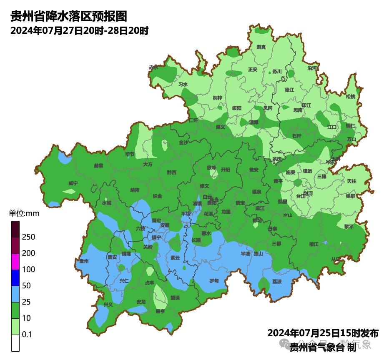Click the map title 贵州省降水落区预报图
[x=68, y=16]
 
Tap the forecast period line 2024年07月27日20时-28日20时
[x=80, y=31]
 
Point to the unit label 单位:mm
[x=24, y=214]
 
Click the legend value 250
[x=28, y=237]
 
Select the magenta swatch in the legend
[x=15, y=262]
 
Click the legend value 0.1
[x=27, y=334]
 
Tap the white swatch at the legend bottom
[x=15, y=343]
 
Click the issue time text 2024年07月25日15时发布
[x=323, y=333]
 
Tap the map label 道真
[x=261, y=47]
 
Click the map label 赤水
[x=153, y=67]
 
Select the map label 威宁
[x=73, y=183]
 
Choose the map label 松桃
[x=350, y=97]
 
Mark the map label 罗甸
[x=214, y=281]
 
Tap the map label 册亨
[x=160, y=311]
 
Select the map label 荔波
[x=277, y=281]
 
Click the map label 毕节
[x=130, y=154]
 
